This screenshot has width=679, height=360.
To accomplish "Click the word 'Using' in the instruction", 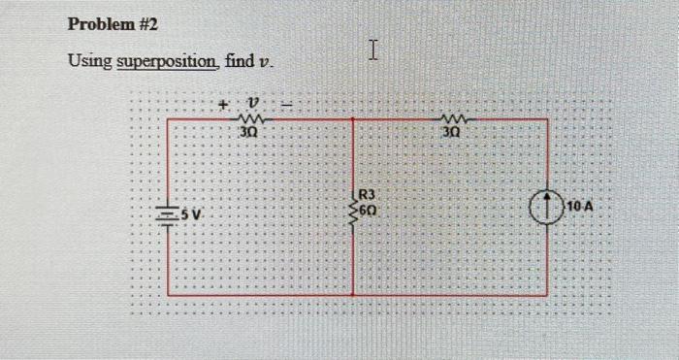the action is click(89, 62).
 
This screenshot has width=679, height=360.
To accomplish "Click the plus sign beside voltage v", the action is click(222, 102).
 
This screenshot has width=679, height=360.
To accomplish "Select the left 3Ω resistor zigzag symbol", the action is click(254, 118).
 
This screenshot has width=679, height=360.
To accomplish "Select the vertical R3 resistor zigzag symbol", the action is click(353, 208).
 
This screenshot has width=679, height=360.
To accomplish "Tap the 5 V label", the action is click(192, 212).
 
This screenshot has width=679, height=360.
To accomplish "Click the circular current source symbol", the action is click(547, 208).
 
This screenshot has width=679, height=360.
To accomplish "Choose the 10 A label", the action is click(581, 208).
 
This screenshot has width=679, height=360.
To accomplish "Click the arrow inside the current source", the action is click(547, 207).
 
